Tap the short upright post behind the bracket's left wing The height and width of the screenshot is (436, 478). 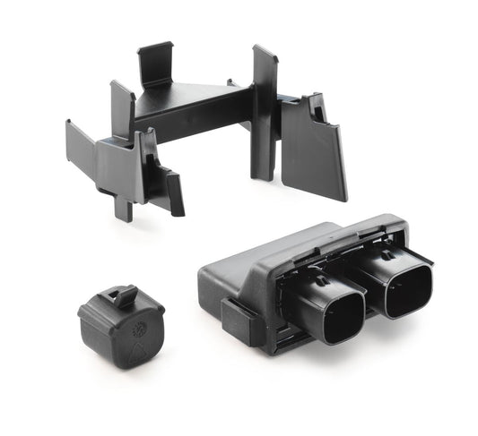tap(120, 107)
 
